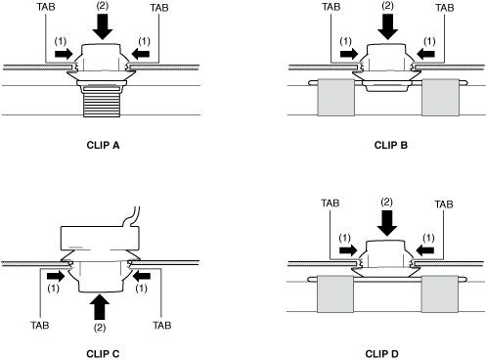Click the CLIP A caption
(103, 145)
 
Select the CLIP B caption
(391, 145)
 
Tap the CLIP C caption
(103, 354)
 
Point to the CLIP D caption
(382, 354)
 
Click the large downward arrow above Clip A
(103, 27)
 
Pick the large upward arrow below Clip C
(100, 306)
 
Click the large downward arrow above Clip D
(387, 223)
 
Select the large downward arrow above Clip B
(388, 27)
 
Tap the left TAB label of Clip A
(46, 7)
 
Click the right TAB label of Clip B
(445, 8)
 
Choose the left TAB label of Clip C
(40, 325)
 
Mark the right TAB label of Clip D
(444, 204)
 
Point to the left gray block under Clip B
(336, 97)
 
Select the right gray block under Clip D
(440, 293)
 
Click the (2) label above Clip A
(103, 6)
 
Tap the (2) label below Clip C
(100, 328)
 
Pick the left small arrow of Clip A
(64, 54)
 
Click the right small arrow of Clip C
(142, 276)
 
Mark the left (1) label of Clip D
(344, 239)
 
